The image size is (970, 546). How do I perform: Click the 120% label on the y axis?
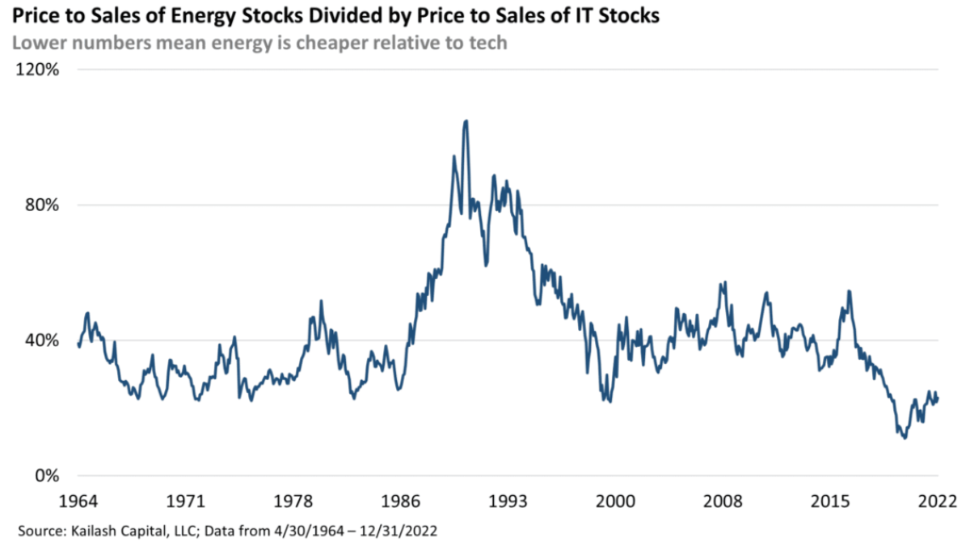click(37, 70)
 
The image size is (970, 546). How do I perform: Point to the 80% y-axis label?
click(41, 205)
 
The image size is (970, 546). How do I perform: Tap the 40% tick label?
click(41, 341)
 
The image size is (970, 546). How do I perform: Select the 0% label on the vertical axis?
click(45, 476)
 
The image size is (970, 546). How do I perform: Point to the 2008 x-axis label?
click(723, 499)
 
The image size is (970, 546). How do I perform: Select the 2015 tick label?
click(831, 499)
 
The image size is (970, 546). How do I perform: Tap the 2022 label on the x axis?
click(938, 499)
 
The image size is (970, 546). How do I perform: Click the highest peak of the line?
click(466, 121)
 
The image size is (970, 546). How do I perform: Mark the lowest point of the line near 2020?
click(904, 438)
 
